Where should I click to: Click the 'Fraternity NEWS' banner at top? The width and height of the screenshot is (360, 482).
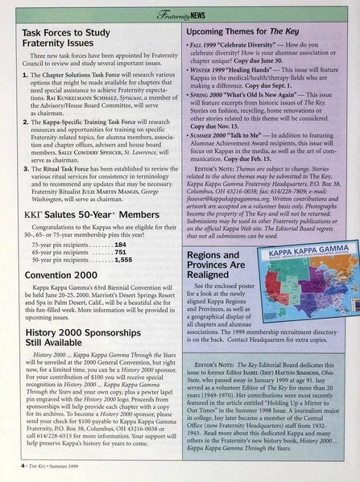pos(180,14)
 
